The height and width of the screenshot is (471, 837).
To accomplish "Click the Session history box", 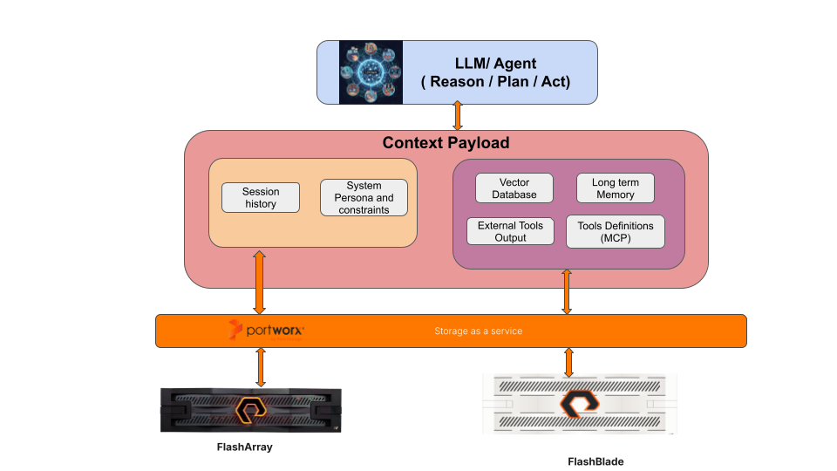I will coord(261,197).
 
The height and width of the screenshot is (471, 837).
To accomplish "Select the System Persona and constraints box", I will coord(364,197).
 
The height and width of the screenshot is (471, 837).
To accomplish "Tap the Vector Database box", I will coord(514,188).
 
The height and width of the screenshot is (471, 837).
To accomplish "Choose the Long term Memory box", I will coord(616,188).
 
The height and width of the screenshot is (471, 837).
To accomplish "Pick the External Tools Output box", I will coord(510,231).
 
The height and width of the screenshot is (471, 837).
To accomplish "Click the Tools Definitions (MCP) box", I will coord(616,231).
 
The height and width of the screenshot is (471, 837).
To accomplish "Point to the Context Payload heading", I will coord(446,143).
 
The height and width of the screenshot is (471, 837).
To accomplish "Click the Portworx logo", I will coord(266,331).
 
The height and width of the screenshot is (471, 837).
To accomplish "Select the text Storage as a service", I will coord(478,331).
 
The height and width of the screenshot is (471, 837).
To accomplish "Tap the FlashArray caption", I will coord(250,447).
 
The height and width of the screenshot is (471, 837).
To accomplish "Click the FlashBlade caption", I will coord(595,461).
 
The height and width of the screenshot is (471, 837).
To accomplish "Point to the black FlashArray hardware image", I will coord(250,410).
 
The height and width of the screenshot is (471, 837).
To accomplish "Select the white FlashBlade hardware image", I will coord(579,405).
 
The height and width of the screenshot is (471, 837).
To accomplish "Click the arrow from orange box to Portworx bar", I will coord(259,282).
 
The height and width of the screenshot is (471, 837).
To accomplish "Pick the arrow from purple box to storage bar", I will coord(567,291).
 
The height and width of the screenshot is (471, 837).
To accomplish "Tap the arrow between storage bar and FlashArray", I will coord(260,366).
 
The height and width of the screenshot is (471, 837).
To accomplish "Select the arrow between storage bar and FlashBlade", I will coord(569,362).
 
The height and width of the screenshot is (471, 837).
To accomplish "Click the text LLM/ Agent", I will coord(494,64).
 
